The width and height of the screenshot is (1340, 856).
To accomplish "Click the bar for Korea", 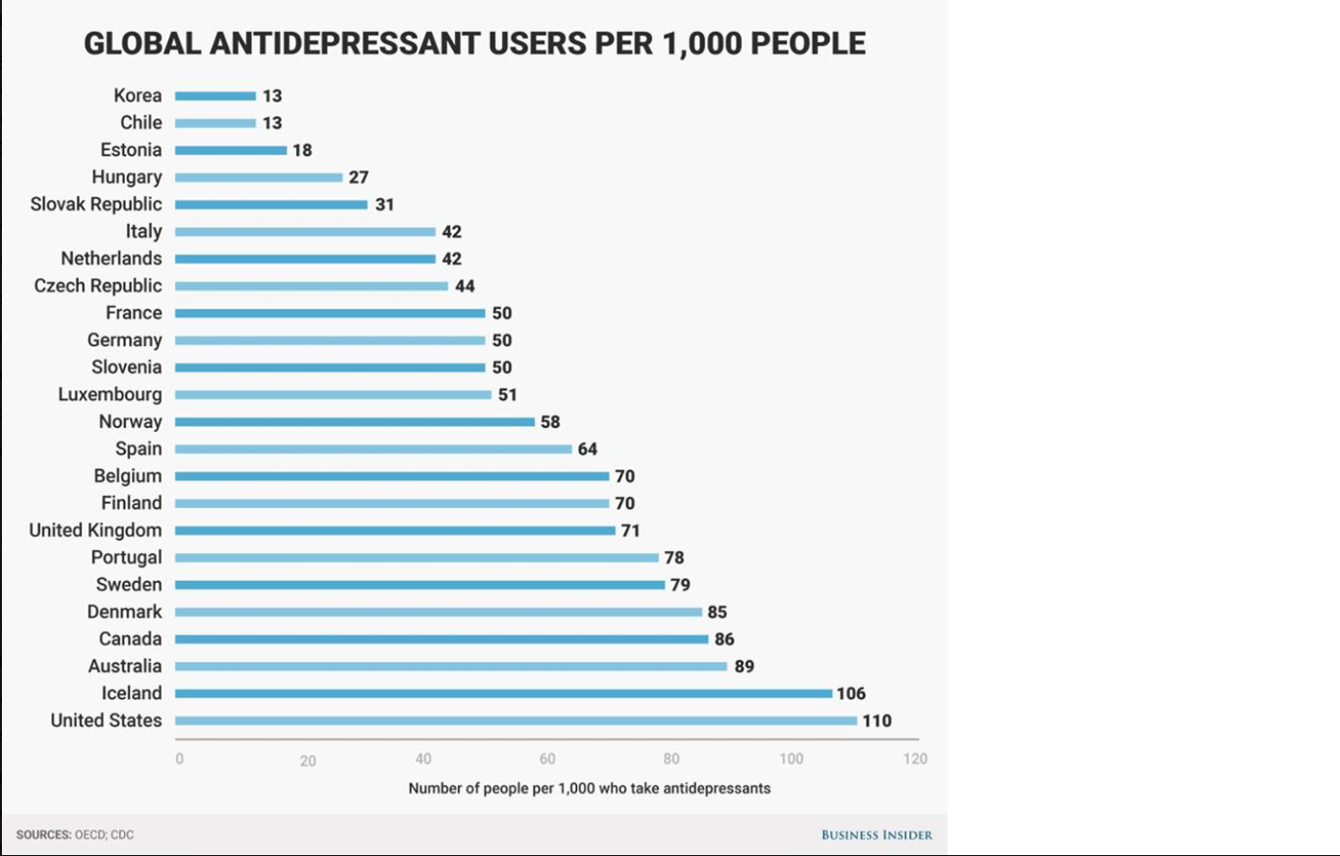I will (x=215, y=96).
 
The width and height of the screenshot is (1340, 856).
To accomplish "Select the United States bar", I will (x=516, y=720).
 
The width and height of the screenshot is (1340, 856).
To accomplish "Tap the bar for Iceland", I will (x=503, y=693).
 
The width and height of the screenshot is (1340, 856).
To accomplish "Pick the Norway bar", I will (x=354, y=421).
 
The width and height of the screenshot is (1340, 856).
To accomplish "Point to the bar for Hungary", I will (x=259, y=177).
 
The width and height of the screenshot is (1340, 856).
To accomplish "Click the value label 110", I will (x=876, y=720).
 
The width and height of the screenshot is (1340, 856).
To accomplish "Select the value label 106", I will (x=851, y=693).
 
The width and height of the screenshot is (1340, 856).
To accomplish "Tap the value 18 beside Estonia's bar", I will (x=302, y=150).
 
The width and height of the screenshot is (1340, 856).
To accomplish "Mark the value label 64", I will (x=588, y=449).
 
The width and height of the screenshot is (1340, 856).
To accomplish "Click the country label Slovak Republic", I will (x=96, y=204).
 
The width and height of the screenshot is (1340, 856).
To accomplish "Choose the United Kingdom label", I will (x=95, y=530).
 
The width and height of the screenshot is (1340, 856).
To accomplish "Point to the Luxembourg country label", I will (x=110, y=394).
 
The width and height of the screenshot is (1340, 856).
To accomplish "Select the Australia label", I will (x=125, y=666).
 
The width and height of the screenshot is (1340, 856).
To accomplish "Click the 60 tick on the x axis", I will (x=547, y=759).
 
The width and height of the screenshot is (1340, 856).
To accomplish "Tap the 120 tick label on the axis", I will (x=915, y=759).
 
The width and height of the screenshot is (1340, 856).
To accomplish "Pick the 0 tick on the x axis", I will (x=179, y=759).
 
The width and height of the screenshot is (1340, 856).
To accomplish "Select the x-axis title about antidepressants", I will (x=589, y=788).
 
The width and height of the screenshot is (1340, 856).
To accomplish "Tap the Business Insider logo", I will (x=876, y=834).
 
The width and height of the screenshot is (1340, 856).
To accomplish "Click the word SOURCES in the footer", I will (x=43, y=835).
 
